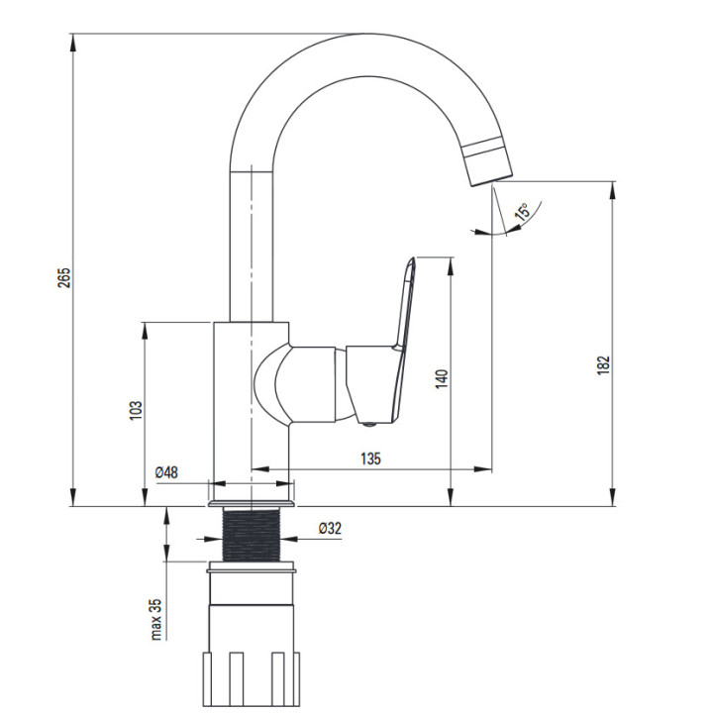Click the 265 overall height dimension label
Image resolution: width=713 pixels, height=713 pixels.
click(64, 277)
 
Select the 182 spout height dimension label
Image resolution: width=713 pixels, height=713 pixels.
click(602, 364)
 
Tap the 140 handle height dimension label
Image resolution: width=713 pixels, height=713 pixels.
click(442, 378)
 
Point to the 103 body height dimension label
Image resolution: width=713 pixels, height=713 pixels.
click(136, 410)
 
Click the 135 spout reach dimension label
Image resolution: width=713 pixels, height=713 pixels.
click(370, 458)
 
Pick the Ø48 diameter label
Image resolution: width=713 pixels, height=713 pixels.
click(166, 472)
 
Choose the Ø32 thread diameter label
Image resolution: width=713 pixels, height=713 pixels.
click(330, 528)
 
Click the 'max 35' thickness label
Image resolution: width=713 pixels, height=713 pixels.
click(156, 619)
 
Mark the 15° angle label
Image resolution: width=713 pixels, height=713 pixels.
click(523, 212)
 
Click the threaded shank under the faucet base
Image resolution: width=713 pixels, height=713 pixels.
click(252, 535)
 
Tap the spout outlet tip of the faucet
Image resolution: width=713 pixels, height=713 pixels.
click(492, 180)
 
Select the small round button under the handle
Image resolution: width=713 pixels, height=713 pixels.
click(370, 425)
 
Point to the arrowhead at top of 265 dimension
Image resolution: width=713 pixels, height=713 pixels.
click(72, 42)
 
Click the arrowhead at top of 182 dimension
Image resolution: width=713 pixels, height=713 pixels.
click(613, 189)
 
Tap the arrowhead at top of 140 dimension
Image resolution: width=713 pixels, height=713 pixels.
click(451, 266)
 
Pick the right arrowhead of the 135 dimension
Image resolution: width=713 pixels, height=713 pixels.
click(483, 468)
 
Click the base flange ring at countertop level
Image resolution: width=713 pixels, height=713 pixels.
click(252, 504)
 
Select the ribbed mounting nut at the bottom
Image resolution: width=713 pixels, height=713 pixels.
click(251, 679)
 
